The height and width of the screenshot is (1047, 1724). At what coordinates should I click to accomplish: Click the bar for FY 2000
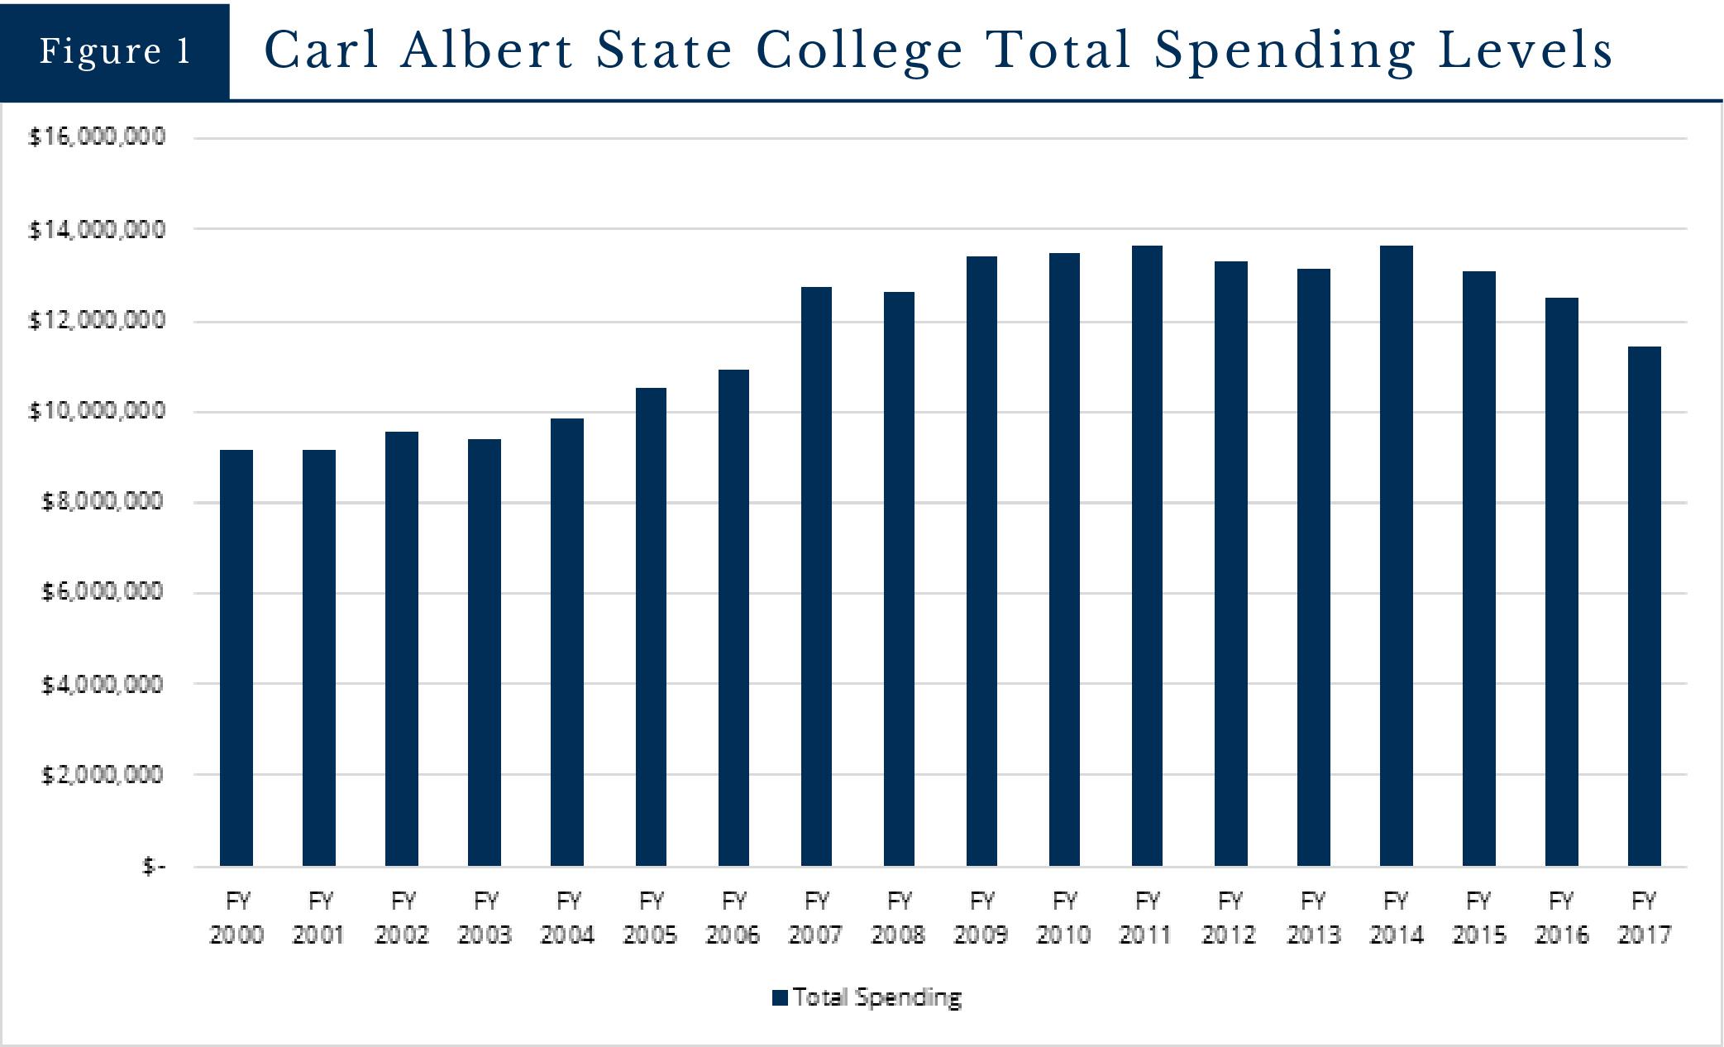pyautogui.click(x=236, y=657)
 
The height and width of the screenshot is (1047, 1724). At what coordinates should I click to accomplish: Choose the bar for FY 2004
pyautogui.click(x=567, y=642)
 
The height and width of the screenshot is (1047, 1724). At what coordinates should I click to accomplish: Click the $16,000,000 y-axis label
pyautogui.click(x=98, y=136)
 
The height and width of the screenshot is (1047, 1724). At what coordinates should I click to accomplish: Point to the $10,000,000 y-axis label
pyautogui.click(x=98, y=410)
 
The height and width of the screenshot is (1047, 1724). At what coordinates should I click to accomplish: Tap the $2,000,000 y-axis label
pyautogui.click(x=103, y=775)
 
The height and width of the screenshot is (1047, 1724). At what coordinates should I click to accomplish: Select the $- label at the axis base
pyautogui.click(x=154, y=866)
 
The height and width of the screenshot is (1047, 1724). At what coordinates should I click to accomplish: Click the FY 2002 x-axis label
pyautogui.click(x=402, y=918)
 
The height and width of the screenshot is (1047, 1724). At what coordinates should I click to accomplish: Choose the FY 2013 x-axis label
pyautogui.click(x=1313, y=918)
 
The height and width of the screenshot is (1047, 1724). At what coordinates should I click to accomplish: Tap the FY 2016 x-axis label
pyautogui.click(x=1561, y=918)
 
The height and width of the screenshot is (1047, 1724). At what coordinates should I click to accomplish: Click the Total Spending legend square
pyautogui.click(x=779, y=997)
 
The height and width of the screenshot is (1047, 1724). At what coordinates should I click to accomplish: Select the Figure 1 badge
pyautogui.click(x=115, y=51)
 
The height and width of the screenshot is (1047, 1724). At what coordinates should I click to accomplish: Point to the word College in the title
pyautogui.click(x=860, y=51)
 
